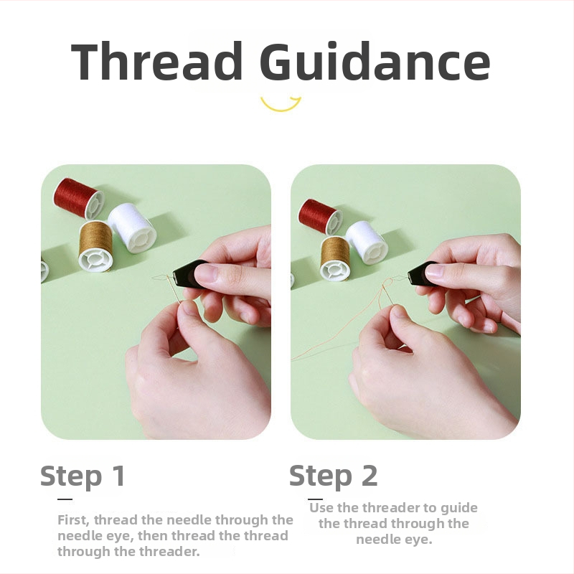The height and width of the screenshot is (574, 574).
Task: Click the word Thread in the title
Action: (156, 61)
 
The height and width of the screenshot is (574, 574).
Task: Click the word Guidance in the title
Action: (375, 61)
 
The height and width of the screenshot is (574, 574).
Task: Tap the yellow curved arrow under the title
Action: (281, 104)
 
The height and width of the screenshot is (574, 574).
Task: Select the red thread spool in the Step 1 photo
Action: (79, 198)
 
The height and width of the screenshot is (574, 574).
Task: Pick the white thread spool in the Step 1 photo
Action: (133, 227)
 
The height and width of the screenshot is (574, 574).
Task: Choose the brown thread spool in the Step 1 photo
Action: (96, 245)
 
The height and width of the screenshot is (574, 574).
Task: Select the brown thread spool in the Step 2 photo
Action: (335, 258)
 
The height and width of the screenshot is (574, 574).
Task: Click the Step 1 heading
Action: (83, 476)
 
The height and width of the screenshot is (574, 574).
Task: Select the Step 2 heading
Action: (333, 476)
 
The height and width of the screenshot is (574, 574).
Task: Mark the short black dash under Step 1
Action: (65, 499)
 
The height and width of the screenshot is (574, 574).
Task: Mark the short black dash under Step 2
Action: (315, 499)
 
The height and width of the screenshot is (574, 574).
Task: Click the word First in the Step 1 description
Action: (73, 520)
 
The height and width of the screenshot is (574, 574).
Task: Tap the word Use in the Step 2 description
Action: (321, 508)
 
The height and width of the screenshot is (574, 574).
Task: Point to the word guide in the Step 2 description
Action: (459, 509)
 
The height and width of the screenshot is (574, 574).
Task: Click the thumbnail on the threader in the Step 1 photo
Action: (207, 273)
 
